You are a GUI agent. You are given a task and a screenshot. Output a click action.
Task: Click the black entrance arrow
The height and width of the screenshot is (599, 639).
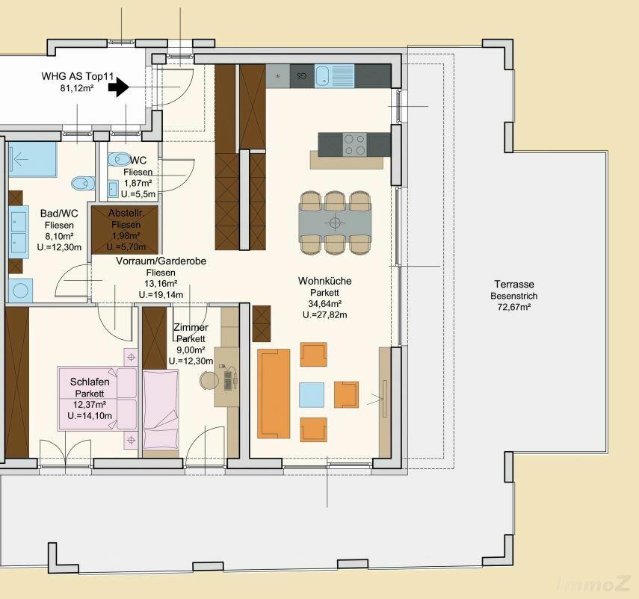pyautogui.click(x=119, y=87)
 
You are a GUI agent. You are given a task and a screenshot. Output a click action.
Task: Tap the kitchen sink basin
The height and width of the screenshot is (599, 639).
pyautogui.click(x=321, y=76)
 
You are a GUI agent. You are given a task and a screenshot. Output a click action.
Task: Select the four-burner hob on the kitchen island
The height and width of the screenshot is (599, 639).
pyautogui.click(x=354, y=145)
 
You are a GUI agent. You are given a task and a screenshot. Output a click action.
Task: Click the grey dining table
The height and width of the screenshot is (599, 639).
pyautogui.click(x=335, y=223)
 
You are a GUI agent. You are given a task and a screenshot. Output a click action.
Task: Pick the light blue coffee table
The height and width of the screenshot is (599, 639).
pyautogui.click(x=312, y=394)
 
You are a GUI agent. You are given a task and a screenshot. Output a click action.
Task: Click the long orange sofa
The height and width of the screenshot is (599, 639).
pyautogui.click(x=274, y=394)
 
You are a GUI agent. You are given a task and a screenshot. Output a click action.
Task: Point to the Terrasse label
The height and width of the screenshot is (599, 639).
pyautogui.click(x=514, y=285)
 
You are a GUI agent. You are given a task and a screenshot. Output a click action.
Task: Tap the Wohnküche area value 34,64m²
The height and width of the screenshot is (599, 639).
pyautogui.click(x=325, y=304)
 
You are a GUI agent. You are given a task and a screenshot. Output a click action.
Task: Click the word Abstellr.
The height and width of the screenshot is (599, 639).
pyautogui.click(x=126, y=213)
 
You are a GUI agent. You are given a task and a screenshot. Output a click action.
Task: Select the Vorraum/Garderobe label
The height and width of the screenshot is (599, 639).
pyautogui.click(x=161, y=261)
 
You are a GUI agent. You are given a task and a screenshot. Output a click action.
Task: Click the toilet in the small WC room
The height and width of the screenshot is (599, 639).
pyautogui.click(x=118, y=159)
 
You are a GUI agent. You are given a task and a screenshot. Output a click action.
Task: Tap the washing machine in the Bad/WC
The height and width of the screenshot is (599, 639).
pyautogui.click(x=20, y=291)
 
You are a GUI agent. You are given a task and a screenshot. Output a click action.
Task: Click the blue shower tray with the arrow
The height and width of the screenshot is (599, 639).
pyautogui.click(x=33, y=159)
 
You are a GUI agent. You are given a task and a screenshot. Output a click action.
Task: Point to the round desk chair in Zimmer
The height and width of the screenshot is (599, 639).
pyautogui.click(x=209, y=380)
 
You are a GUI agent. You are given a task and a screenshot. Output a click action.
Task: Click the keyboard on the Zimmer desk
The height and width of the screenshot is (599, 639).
pyautogui.click(x=228, y=381)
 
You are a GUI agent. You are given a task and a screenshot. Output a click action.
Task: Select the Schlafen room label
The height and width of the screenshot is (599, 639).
pyautogui.click(x=90, y=382)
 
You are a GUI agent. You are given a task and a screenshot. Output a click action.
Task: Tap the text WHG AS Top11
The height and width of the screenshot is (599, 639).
pyautogui.click(x=78, y=76)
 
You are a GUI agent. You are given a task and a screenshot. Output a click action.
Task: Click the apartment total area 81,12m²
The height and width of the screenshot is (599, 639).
pyautogui.click(x=78, y=88)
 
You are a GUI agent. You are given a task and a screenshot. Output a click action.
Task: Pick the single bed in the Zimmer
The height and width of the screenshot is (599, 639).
pyautogui.click(x=161, y=409)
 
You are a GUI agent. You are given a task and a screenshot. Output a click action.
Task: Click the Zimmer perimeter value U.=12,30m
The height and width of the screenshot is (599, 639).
pyautogui.click(x=191, y=361)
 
